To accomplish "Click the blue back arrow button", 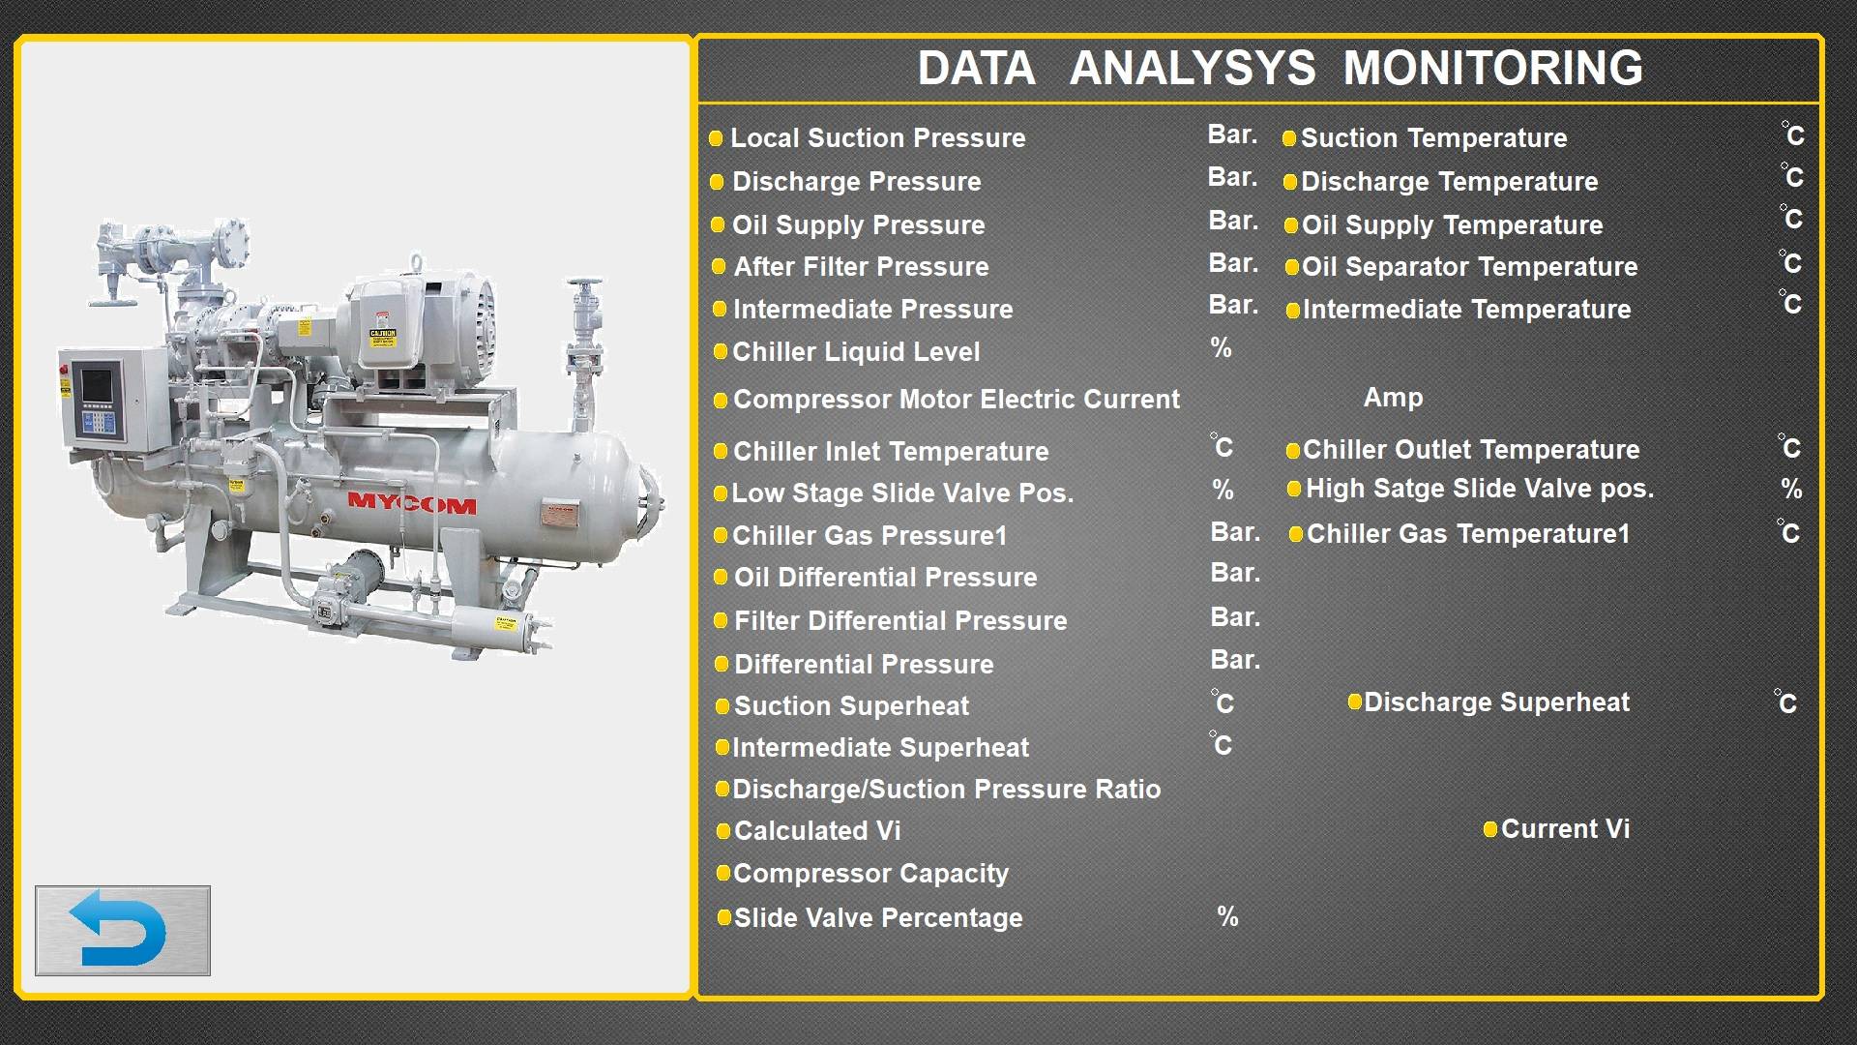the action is click(x=123, y=930).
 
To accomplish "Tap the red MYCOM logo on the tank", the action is click(x=412, y=503).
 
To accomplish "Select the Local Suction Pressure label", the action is click(x=877, y=138).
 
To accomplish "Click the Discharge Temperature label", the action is click(x=1449, y=182).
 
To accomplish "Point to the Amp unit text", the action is click(x=1393, y=398).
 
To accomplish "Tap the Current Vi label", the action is click(x=1565, y=829).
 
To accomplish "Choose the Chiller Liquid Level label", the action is click(x=856, y=352).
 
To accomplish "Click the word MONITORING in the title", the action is click(x=1492, y=69).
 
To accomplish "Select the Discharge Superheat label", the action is click(x=1496, y=702).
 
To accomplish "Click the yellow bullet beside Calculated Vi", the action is click(x=722, y=831).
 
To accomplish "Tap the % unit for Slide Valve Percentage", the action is click(x=1227, y=916).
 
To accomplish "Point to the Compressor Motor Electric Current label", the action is click(x=957, y=400).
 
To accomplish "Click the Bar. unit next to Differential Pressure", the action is click(x=1235, y=660).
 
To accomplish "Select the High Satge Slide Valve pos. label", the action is click(x=1480, y=489).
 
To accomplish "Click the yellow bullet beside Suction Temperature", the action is click(x=1288, y=138).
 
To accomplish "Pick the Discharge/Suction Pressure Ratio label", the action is click(x=947, y=790).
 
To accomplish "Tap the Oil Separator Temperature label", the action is click(x=1469, y=267).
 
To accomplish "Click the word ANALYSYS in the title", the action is click(x=1193, y=69).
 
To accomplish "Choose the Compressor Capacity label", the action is click(x=870, y=874).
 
